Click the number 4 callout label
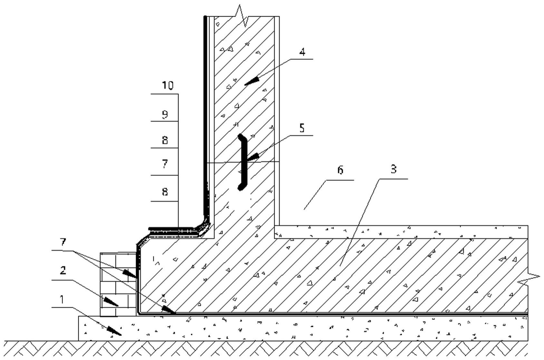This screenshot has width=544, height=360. coord(302,52)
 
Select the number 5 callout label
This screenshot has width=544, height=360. coord(302,128)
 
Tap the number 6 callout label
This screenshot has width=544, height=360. coord(340,170)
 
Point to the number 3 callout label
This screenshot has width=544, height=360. coord(393,169)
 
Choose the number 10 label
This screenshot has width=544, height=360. coord(168,85)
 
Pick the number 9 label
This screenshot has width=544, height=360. coord(165,114)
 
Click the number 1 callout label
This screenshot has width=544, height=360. coord(62,299)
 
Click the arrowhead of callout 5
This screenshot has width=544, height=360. coord(253,157)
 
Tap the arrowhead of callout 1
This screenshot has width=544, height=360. coord(114,331)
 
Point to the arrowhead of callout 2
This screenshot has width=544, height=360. coord(111,302)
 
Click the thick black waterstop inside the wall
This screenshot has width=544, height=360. coord(243,162)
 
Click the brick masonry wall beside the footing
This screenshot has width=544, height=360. coord(118,285)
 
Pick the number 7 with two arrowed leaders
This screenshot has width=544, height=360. coord(63,242)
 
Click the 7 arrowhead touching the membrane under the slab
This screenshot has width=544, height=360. coord(169,310)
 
